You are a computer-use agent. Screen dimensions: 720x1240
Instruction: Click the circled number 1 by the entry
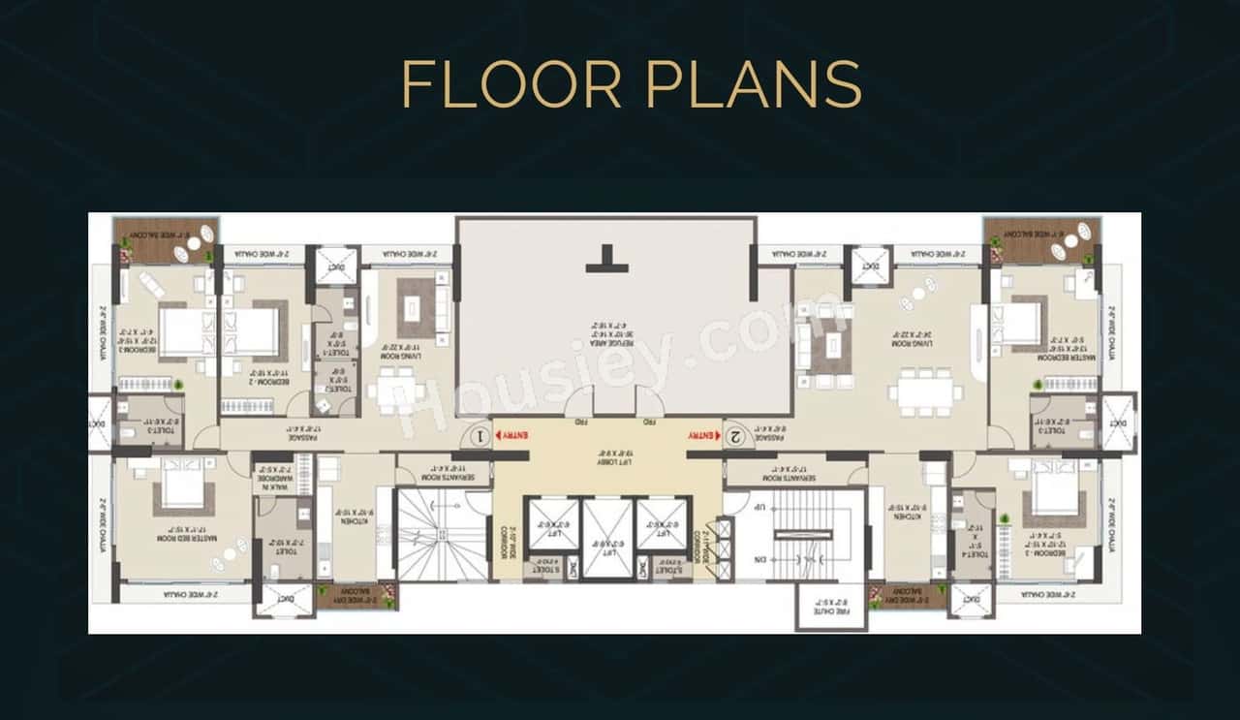(x=480, y=436)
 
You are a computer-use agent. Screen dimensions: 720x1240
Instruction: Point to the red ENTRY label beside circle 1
(x=514, y=436)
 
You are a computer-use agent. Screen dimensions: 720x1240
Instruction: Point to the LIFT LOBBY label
(x=607, y=452)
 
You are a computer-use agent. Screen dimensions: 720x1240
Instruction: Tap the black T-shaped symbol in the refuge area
(x=607, y=259)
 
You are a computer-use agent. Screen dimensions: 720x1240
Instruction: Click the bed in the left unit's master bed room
(x=182, y=482)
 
